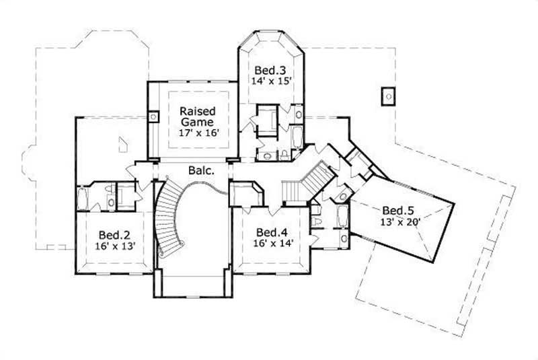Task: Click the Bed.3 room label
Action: tap(270, 69)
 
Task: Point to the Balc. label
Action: tap(201, 171)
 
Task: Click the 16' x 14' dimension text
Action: tap(272, 244)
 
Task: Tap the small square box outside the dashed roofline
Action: tap(388, 97)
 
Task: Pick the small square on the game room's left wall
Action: tap(153, 117)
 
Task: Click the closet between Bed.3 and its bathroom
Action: tap(268, 120)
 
